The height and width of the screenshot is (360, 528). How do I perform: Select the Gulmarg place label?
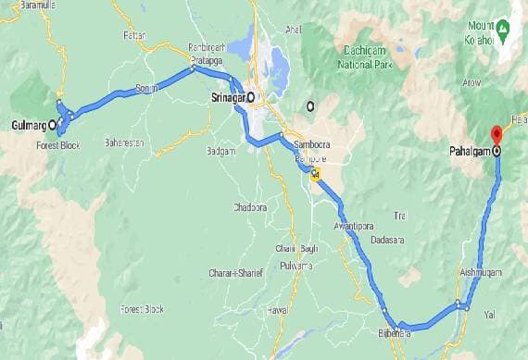pyautogui.click(x=30, y=124)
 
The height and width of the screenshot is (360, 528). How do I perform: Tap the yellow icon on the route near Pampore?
pyautogui.click(x=316, y=174)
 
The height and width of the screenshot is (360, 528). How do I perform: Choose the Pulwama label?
pyautogui.click(x=296, y=265)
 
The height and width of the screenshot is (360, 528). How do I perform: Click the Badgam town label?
pyautogui.click(x=222, y=150)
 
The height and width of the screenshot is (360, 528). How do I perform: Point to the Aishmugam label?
pyautogui.click(x=480, y=273)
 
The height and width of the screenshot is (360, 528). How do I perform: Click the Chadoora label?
pyautogui.click(x=250, y=206)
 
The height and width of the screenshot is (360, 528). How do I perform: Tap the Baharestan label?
pyautogui.click(x=124, y=144)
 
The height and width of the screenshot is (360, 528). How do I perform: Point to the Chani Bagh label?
pyautogui.click(x=296, y=248)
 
